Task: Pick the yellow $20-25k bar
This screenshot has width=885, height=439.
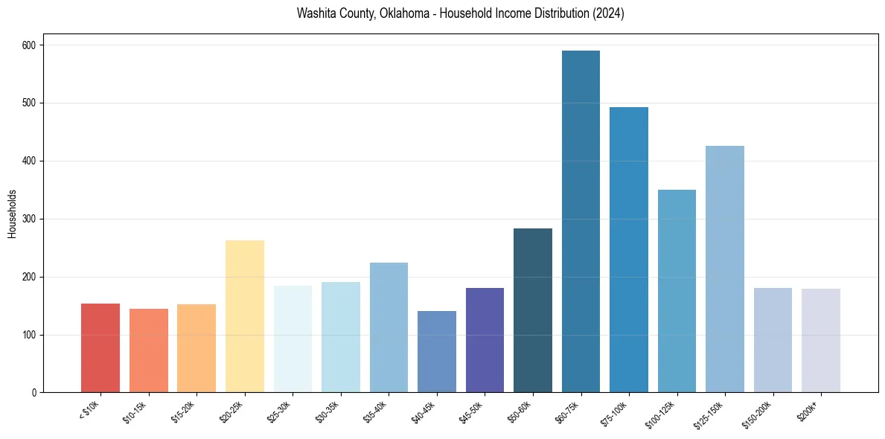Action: click(x=245, y=316)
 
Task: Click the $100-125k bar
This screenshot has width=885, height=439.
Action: click(x=677, y=291)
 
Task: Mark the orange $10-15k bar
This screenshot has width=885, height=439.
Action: click(x=149, y=350)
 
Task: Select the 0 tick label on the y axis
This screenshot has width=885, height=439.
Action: click(x=34, y=393)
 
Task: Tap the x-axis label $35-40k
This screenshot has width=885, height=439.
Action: click(x=376, y=411)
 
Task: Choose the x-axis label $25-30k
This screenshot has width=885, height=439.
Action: click(x=280, y=411)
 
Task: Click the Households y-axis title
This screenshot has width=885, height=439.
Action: click(x=12, y=214)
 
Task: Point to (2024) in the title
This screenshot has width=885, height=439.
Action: click(x=609, y=13)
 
